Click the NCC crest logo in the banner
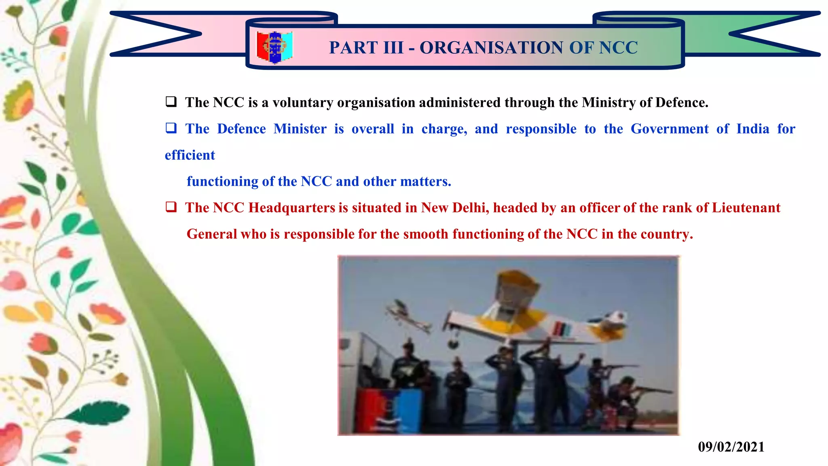pos(275,47)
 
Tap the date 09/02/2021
pos(731,447)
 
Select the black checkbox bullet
pos(171,102)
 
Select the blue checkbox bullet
pos(171,128)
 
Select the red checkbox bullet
pos(171,207)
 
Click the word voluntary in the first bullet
pos(303,103)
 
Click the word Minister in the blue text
pos(300,129)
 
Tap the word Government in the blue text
pos(670,129)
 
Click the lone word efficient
pos(190,155)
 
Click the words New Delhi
pos(455,208)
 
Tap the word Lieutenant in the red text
pos(746,208)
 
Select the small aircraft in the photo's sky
pos(406,316)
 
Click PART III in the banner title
pos(366,48)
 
